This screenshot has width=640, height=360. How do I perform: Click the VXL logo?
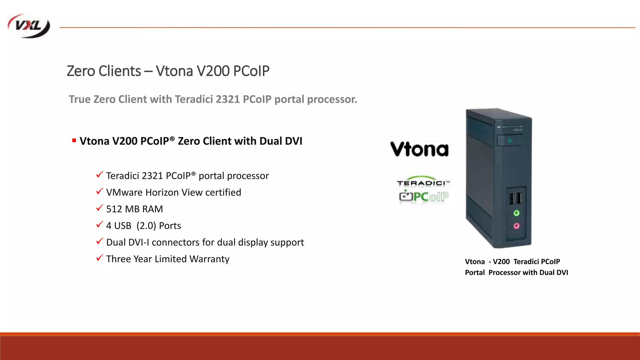click(29, 26)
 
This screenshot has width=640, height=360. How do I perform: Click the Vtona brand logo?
click(419, 149)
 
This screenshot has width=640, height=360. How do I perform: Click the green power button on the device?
click(510, 141)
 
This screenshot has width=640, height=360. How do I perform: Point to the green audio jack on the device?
click(516, 213)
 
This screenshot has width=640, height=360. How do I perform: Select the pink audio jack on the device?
click(516, 226)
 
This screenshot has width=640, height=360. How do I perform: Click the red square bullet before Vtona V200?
click(74, 141)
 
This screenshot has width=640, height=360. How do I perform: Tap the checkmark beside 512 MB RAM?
click(100, 208)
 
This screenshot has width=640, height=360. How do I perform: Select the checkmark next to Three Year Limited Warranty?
click(100, 258)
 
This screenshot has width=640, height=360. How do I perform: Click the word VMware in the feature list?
click(124, 192)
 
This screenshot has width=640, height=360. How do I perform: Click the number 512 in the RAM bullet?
click(114, 209)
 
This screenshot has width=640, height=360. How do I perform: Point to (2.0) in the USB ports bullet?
click(146, 226)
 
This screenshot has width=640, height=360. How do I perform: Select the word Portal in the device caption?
click(475, 272)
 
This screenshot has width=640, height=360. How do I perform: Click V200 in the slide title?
click(213, 71)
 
